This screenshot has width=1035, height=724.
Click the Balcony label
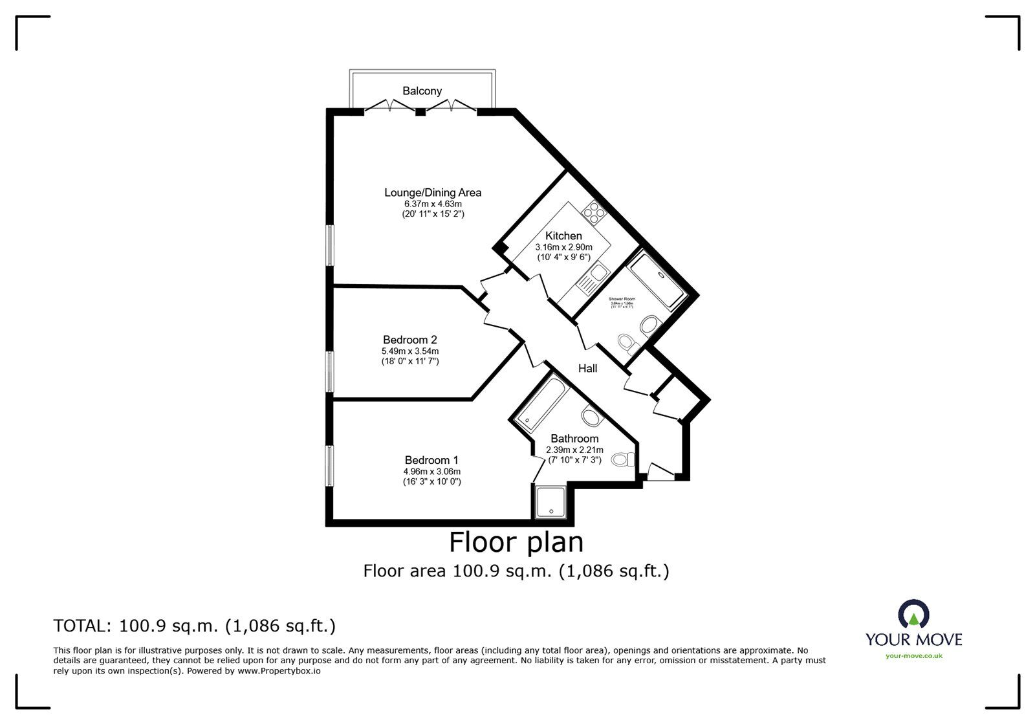(x=422, y=91)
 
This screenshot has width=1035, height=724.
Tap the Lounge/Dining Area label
(x=433, y=192)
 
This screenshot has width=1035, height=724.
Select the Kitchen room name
(x=563, y=236)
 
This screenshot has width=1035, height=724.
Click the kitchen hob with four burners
(x=593, y=212)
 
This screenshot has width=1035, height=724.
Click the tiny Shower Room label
(x=622, y=300)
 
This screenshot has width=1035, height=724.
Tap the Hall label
(x=587, y=368)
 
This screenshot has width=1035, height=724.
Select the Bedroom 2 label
(x=410, y=340)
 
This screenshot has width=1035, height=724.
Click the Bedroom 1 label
(x=432, y=460)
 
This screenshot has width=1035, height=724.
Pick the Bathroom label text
(x=574, y=438)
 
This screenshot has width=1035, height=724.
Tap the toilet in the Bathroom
(x=623, y=459)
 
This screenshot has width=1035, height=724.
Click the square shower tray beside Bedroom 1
(x=551, y=502)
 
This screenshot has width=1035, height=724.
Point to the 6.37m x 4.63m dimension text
(x=433, y=204)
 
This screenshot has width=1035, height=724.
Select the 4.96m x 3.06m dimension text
(x=432, y=472)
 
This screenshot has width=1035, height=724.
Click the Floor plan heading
(x=516, y=542)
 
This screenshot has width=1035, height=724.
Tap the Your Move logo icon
(x=913, y=615)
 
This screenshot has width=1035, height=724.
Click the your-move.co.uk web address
(x=914, y=655)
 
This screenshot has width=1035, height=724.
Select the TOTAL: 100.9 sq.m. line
(x=194, y=626)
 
